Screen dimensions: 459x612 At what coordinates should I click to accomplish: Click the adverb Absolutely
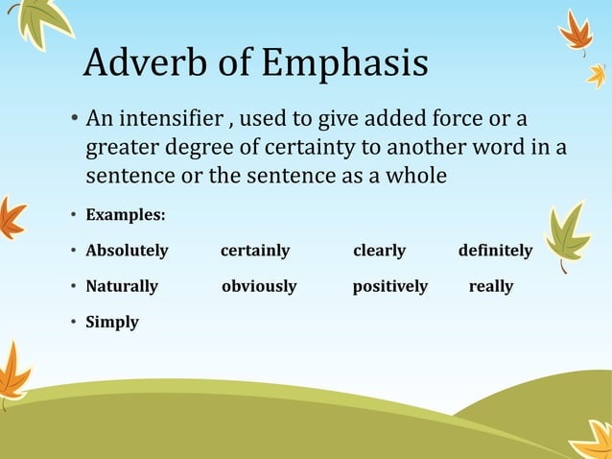pyautogui.click(x=127, y=251)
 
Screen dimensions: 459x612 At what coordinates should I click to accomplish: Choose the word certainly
pyautogui.click(x=255, y=251)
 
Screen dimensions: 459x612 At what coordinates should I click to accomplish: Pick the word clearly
pyautogui.click(x=379, y=251)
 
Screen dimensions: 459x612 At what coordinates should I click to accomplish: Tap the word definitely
pyautogui.click(x=495, y=251)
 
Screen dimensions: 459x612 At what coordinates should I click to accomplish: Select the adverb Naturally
pyautogui.click(x=122, y=286)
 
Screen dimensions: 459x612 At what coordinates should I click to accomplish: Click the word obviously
pyautogui.click(x=259, y=286)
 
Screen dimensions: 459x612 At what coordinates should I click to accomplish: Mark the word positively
pyautogui.click(x=389, y=286)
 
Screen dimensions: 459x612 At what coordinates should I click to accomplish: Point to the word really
pyautogui.click(x=490, y=286)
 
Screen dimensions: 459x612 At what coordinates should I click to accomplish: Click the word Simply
pyautogui.click(x=112, y=322)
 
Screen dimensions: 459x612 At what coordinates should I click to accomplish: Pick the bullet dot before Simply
pyautogui.click(x=74, y=322)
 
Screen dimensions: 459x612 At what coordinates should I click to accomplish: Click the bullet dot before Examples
pyautogui.click(x=74, y=214)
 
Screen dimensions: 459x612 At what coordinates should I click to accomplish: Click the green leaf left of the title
pyautogui.click(x=40, y=21)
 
